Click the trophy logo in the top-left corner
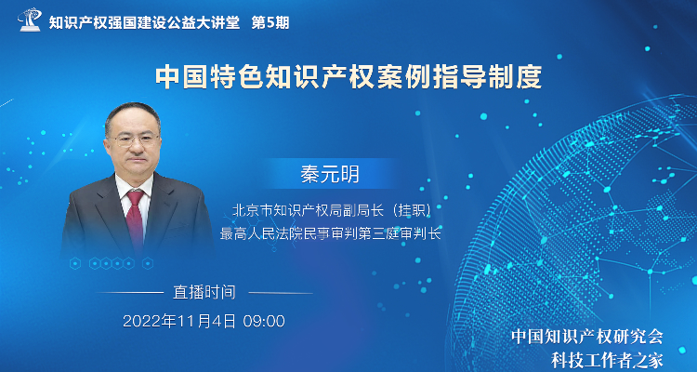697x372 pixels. (x=30, y=20)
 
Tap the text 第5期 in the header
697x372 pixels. (x=270, y=22)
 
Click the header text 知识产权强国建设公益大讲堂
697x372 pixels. (x=144, y=22)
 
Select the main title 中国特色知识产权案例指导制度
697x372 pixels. (x=348, y=78)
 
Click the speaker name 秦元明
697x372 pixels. (x=329, y=175)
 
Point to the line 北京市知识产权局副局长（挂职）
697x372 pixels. (x=332, y=210)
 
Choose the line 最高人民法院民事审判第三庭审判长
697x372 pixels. (x=330, y=233)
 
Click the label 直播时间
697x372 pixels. (x=204, y=293)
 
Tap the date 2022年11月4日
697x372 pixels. (x=179, y=321)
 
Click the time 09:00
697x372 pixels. (x=264, y=321)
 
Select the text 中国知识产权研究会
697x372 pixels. (x=586, y=337)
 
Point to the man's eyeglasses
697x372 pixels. (x=133, y=140)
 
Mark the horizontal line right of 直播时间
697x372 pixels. (x=281, y=293)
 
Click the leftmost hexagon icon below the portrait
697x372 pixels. (x=75, y=263)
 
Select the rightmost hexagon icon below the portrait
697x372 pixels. (x=148, y=263)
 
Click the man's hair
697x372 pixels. (x=132, y=114)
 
